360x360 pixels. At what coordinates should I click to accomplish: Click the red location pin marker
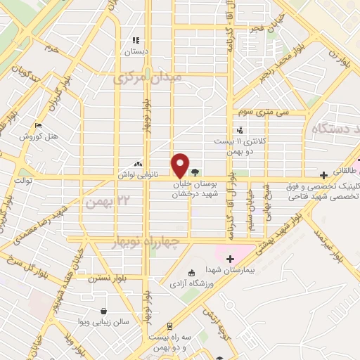tap(181, 165)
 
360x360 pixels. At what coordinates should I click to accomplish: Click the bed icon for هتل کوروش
tap(39, 125)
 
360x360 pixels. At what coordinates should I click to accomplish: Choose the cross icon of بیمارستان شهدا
tap(229, 259)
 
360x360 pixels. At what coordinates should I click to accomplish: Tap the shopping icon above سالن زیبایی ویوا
tap(104, 311)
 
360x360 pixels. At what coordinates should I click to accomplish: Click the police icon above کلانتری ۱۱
tap(240, 129)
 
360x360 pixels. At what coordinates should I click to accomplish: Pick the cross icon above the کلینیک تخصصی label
tap(323, 174)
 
